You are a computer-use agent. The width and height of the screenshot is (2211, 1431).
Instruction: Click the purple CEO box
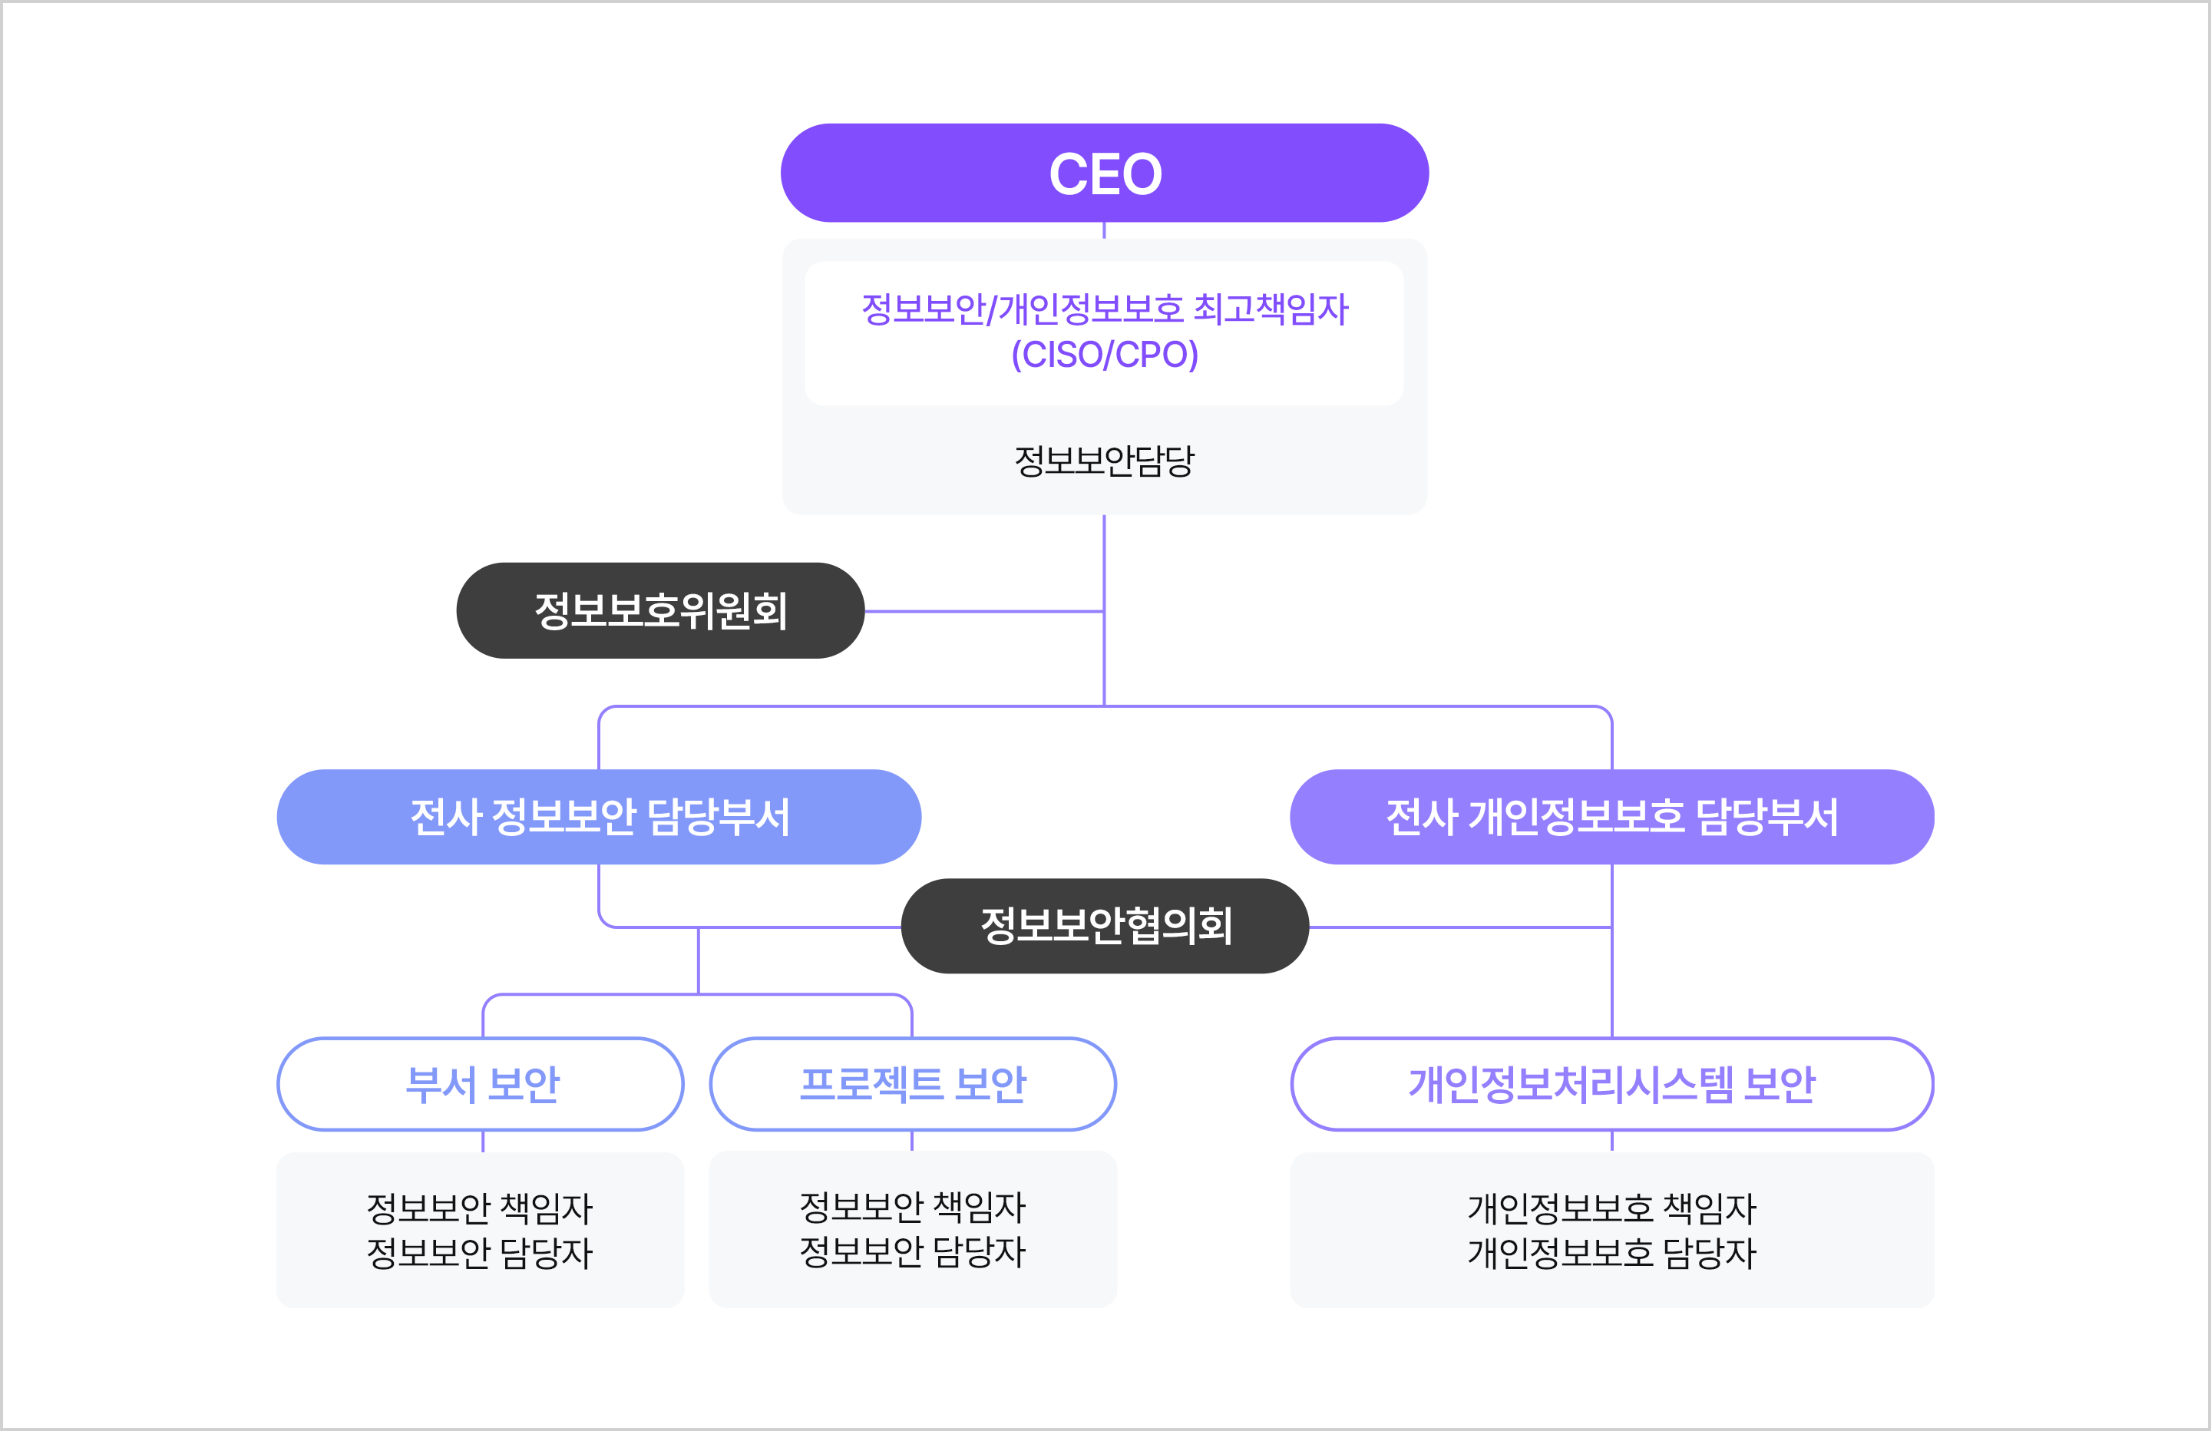[1104, 173]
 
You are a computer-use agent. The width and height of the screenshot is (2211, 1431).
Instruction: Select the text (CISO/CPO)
[1105, 354]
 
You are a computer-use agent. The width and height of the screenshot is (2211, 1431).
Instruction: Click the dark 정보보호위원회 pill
[660, 610]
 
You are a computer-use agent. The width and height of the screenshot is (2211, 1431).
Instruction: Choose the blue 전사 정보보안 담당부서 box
[600, 817]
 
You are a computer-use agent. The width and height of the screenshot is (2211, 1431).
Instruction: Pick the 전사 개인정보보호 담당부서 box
[1611, 817]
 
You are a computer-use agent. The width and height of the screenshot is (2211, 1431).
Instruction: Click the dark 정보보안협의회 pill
[1105, 926]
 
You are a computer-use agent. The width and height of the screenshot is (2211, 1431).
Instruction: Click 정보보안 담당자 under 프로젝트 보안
[912, 1251]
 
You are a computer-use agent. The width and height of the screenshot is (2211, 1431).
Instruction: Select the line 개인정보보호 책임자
[1611, 1208]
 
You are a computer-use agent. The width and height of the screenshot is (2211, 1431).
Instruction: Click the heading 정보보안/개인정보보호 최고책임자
[1105, 309]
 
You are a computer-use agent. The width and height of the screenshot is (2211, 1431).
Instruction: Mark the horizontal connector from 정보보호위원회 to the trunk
[985, 611]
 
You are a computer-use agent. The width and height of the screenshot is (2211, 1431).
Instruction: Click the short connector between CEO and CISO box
[1104, 230]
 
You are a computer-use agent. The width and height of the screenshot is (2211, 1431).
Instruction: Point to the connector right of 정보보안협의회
[1459, 927]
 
